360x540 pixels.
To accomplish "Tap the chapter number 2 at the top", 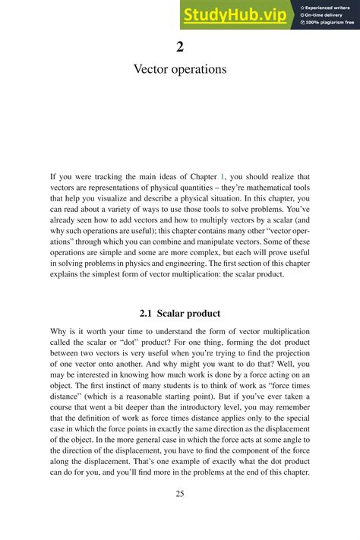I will click(x=180, y=47).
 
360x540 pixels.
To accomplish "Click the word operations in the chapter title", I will click(x=200, y=69).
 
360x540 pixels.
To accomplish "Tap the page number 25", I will click(x=180, y=494).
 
